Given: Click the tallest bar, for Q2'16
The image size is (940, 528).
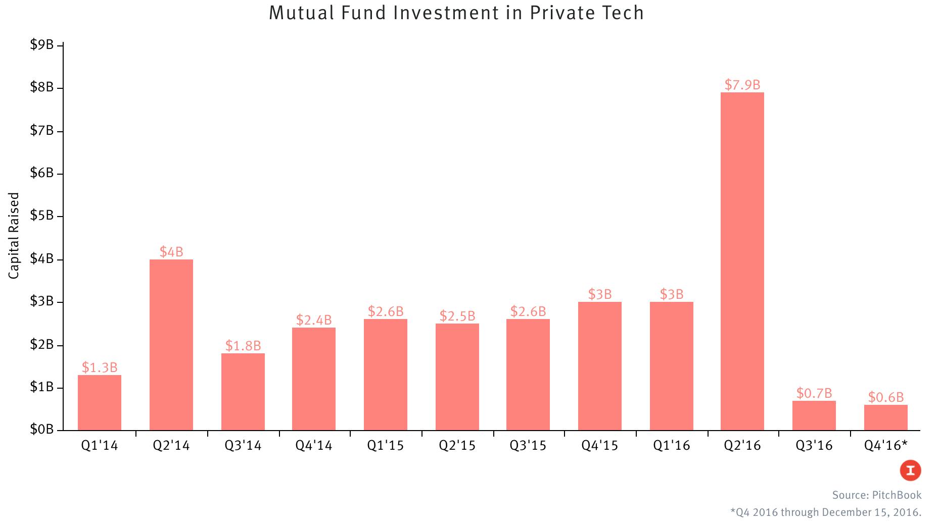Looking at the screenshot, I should coord(742,261).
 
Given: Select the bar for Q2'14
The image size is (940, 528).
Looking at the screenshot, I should coord(171,345).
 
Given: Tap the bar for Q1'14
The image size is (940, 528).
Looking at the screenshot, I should coord(100,403).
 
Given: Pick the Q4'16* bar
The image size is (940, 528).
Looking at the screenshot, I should coord(885,418).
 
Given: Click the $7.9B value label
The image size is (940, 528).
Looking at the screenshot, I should coord(742,85).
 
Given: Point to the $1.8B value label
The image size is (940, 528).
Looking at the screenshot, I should coord(243,346).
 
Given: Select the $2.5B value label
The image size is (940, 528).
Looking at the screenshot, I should coord(457,316).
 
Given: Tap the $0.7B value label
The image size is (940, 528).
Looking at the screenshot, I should coord(814,393).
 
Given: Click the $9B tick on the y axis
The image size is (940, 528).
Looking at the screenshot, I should coord(42,45).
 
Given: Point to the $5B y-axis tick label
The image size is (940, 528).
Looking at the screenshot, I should coord(42,216).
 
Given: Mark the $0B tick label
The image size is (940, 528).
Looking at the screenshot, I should coord(42,430).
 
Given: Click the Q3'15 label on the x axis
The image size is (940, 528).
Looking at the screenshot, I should coord(528,445).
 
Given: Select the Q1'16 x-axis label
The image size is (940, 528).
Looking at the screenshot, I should coord(671,445).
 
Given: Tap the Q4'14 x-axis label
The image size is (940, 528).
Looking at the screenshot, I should coord(314,445).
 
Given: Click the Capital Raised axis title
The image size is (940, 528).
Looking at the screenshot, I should coord(14,235).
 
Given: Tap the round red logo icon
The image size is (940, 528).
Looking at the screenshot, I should coord(910,470).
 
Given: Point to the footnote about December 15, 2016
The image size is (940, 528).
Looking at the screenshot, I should coord(826,512).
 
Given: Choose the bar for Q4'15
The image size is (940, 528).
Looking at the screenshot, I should coord(600,366).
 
